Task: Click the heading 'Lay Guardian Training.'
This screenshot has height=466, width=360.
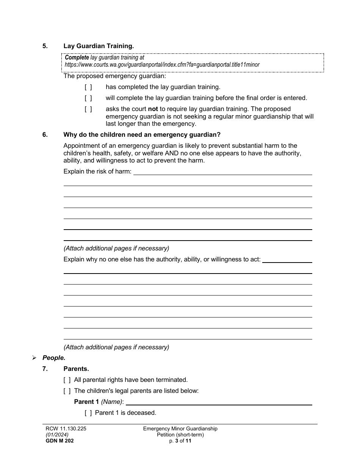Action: coord(99,46)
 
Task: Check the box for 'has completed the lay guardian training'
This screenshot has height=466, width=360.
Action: coord(88,87)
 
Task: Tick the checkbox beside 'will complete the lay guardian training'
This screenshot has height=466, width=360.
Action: coord(88,98)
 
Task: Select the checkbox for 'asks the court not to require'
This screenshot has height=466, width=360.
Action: coord(88,109)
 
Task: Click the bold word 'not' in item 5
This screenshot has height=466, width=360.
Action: coord(153,109)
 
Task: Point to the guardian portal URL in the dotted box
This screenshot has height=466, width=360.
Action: coord(162,65)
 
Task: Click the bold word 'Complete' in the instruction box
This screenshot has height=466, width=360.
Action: coord(77,58)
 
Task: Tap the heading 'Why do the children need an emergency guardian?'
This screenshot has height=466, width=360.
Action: coord(142,135)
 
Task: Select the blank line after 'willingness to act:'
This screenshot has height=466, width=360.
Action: coord(287,260)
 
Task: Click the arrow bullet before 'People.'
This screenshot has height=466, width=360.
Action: coord(34,358)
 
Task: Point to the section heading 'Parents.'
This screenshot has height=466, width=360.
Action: coord(76,369)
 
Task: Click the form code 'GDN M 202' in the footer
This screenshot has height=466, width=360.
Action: coord(59,441)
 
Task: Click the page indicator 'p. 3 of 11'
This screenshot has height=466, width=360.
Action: coord(180,441)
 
